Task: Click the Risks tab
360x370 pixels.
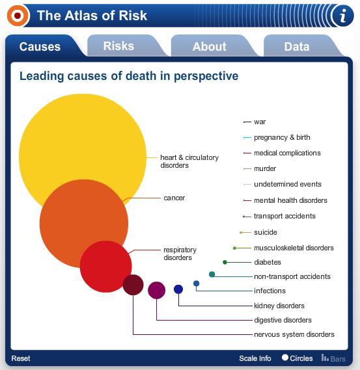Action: [x=118, y=46]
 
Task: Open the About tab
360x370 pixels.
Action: [x=209, y=46]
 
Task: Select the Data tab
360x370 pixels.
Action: [x=297, y=46]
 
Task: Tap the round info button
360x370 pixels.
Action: [x=343, y=16]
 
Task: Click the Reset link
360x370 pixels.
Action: [x=21, y=358]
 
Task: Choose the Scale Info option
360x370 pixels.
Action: [x=255, y=358]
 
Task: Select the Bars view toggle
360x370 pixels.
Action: [x=333, y=358]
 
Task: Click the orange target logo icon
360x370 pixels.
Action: [x=18, y=16]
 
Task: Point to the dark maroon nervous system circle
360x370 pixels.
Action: [x=133, y=285]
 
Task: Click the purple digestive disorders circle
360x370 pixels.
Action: [x=157, y=290]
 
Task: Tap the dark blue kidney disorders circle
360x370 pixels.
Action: [x=178, y=289]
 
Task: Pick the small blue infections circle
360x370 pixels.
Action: [x=197, y=284]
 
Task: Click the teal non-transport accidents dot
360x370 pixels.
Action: [x=212, y=274]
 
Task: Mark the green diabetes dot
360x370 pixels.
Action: [x=225, y=262]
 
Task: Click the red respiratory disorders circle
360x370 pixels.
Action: [x=106, y=267]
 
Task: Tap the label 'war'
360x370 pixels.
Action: [x=260, y=122]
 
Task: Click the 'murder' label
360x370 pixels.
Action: [x=265, y=168]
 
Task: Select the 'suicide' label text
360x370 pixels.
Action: [x=265, y=232]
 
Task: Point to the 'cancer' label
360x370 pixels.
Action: [x=174, y=198]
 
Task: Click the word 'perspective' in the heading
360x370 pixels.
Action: [x=206, y=77]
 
